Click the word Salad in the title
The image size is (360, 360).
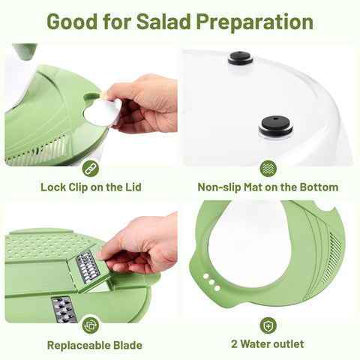point(160,21)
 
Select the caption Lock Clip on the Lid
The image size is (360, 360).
point(91,187)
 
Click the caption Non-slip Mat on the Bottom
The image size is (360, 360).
point(268,187)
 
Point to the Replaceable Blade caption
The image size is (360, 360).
point(94,345)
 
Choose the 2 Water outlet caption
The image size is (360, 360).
point(268,344)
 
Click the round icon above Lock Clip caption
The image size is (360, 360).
point(91,168)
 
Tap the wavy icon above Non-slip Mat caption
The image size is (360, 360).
point(268,168)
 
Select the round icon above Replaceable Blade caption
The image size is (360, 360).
point(91,325)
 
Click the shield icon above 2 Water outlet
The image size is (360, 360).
point(268,325)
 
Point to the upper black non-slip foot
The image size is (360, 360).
point(240,58)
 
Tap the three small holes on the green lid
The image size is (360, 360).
point(212,282)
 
